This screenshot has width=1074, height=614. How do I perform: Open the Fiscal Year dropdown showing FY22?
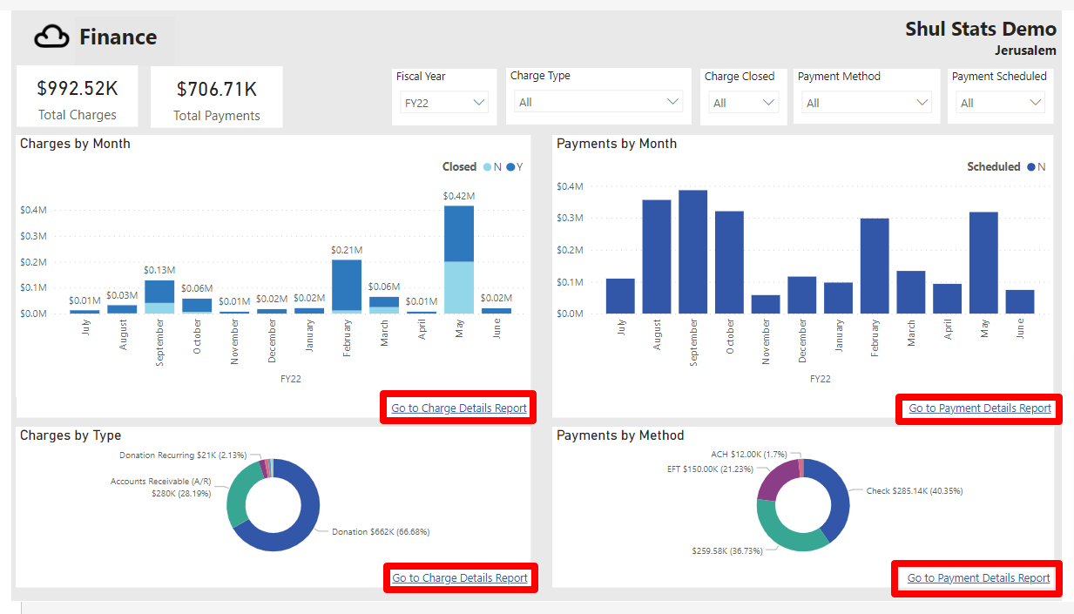tap(444, 103)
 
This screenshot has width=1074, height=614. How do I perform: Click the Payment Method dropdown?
tap(866, 103)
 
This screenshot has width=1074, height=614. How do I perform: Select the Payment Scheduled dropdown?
tap(999, 103)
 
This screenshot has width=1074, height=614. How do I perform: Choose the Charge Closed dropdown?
tap(743, 103)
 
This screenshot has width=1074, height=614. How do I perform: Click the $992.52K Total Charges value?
tap(77, 89)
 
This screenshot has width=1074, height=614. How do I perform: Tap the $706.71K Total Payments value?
tap(216, 90)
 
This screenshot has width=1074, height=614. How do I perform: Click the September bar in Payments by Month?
tap(693, 252)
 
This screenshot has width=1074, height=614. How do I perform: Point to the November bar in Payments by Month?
tap(766, 304)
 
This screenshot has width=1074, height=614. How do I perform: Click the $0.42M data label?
tap(459, 196)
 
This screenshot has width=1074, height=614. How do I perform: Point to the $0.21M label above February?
tap(347, 250)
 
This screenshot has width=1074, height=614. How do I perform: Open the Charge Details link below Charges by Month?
tap(459, 408)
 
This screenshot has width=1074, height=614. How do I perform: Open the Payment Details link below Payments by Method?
tap(978, 578)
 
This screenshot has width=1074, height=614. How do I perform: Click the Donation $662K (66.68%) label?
tap(381, 531)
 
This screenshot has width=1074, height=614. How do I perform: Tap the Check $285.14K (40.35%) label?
tap(914, 491)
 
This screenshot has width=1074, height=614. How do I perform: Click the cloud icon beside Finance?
tap(51, 37)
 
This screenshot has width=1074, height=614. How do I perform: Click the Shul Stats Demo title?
tap(980, 30)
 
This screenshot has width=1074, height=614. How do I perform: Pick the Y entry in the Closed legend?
tap(515, 167)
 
